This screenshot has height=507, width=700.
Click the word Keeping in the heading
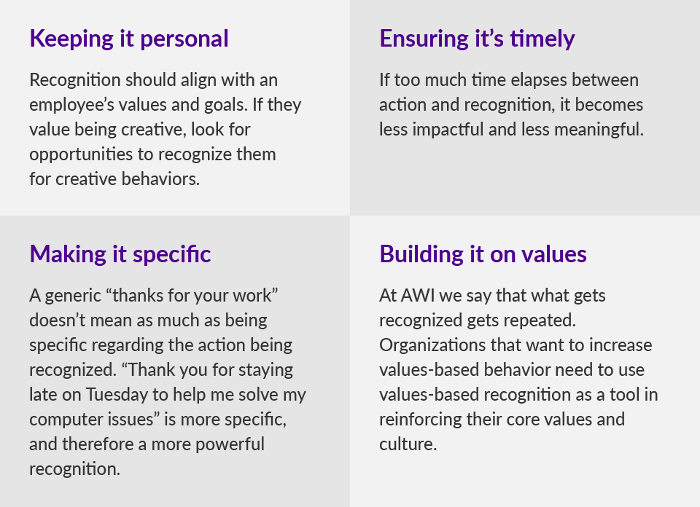71,39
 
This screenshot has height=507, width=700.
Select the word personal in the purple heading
184,39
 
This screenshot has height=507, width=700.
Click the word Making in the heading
68,255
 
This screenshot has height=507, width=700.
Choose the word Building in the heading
421,254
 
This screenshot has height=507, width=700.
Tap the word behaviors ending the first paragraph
160,178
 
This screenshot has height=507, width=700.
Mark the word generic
73,296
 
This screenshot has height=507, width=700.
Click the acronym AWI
418,296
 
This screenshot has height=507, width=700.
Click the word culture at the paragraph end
408,444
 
